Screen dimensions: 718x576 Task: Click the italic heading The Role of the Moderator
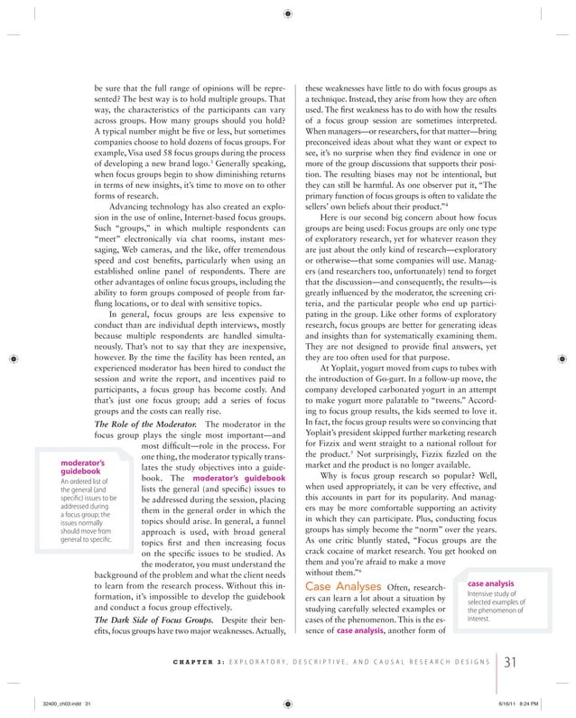click(144, 423)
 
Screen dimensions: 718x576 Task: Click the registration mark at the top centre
click(287, 14)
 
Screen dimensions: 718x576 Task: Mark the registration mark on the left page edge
click(11, 359)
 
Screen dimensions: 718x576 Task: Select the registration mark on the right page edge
click(564, 359)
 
